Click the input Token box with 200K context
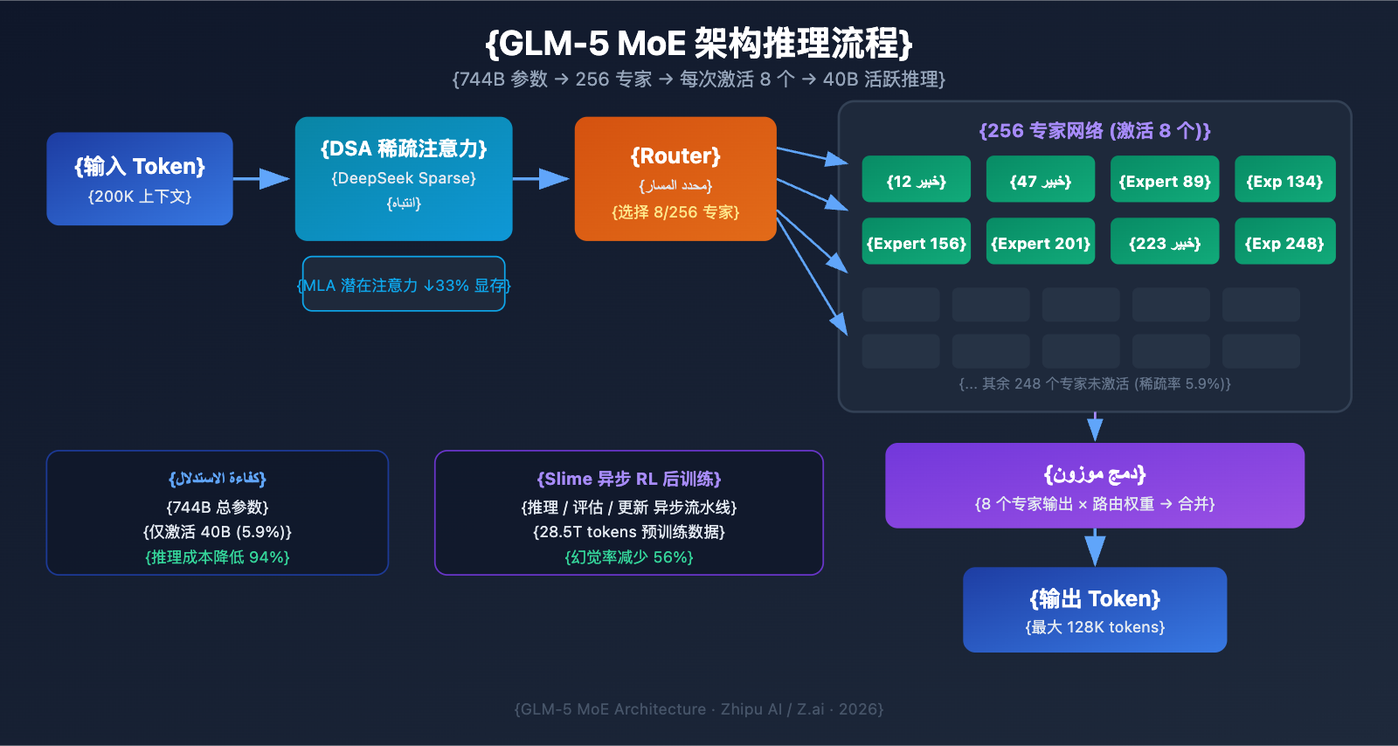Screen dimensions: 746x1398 coord(140,179)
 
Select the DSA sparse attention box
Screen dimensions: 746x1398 coord(404,178)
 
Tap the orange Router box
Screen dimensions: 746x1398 coord(675,179)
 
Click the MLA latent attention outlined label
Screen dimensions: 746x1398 coord(404,284)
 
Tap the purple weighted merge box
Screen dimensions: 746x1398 coord(1095,486)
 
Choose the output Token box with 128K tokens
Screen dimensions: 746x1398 coord(1095,610)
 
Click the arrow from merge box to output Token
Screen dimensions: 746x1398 coord(1095,548)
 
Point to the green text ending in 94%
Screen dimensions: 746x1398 coord(218,557)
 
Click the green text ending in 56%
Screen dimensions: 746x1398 coord(629,557)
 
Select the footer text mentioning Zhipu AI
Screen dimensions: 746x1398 coord(699,709)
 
